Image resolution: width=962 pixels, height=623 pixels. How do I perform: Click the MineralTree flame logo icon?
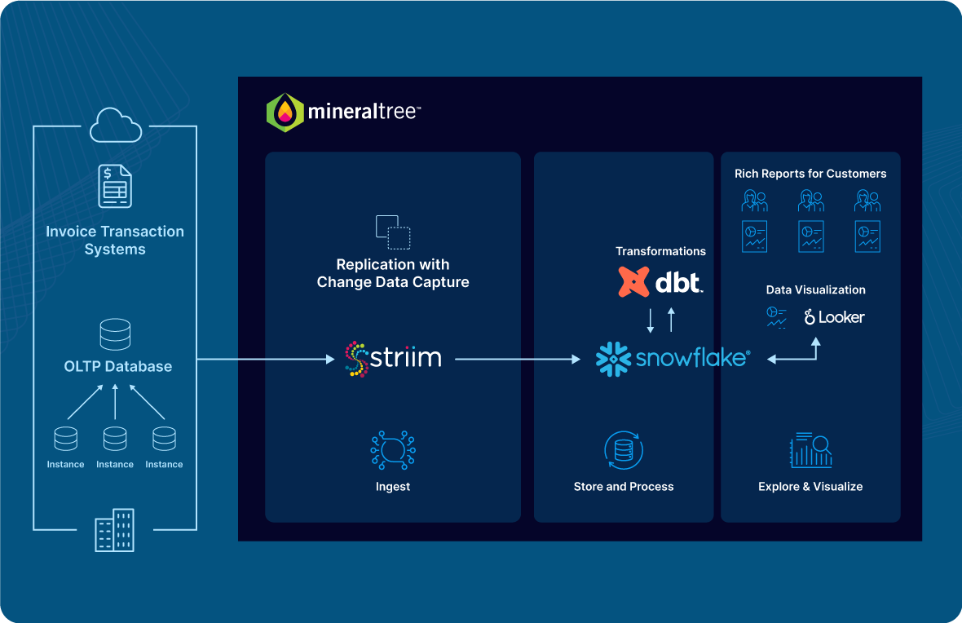[x=285, y=113]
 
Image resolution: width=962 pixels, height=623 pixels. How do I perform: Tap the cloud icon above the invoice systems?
[x=115, y=126]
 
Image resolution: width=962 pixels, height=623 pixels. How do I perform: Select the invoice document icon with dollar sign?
[x=115, y=186]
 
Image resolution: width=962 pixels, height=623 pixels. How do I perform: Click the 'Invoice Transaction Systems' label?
[x=115, y=241]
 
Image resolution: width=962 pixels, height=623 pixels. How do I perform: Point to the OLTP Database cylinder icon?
[x=115, y=334]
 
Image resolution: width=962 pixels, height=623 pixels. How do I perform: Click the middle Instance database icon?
[x=115, y=439]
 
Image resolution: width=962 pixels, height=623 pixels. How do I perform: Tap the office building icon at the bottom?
[x=115, y=530]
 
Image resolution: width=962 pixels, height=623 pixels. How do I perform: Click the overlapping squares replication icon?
[x=393, y=232]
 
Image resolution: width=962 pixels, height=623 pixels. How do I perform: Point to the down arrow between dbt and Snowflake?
[x=651, y=320]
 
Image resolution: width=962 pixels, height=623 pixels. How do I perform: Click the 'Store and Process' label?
[x=624, y=487]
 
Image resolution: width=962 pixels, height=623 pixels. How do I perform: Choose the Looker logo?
[x=834, y=317]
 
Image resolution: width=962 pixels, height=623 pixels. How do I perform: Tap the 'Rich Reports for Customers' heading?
[x=810, y=174]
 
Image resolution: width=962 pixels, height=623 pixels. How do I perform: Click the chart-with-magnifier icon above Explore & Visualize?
[x=810, y=449]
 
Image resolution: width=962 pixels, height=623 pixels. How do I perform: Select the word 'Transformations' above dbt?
[x=660, y=251]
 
